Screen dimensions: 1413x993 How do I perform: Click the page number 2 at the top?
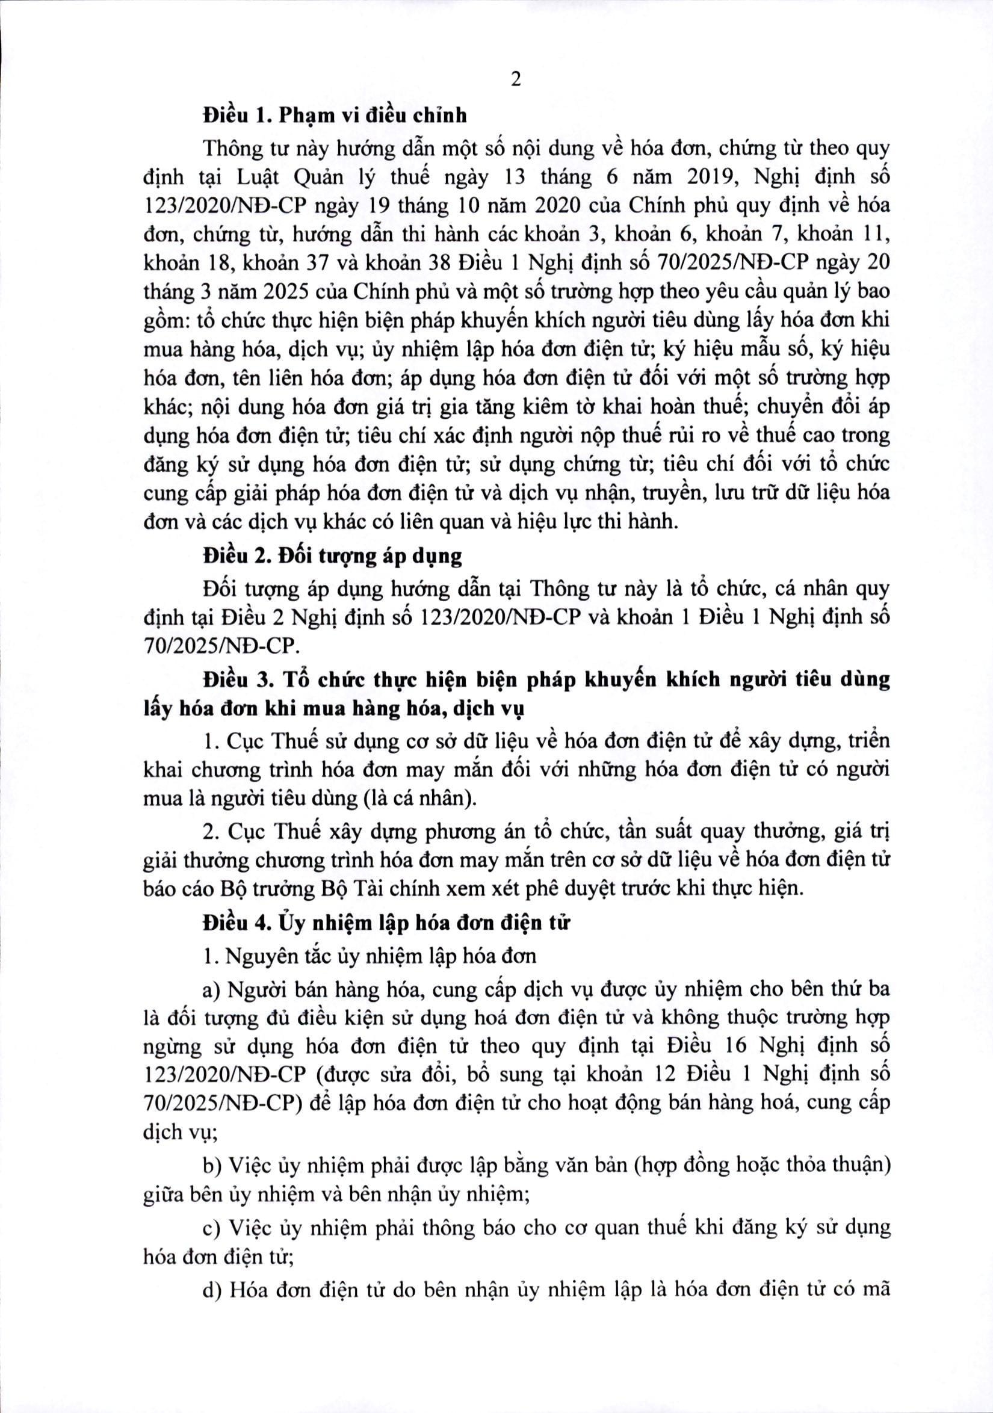pos(515,80)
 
